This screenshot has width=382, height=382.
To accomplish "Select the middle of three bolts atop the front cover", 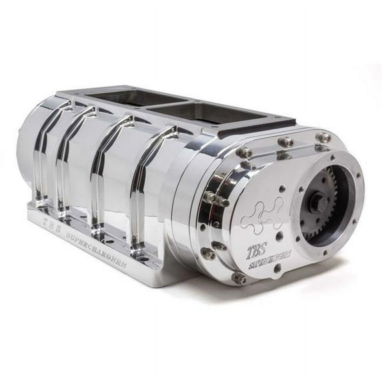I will click(287, 142).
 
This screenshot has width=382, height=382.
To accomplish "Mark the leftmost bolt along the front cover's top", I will click(245, 153).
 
